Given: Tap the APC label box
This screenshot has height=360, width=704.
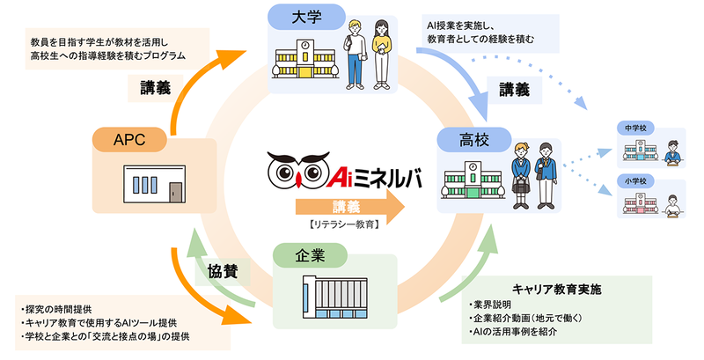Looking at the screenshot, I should coord(128,138).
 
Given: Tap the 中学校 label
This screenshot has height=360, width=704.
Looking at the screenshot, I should coord(634,127).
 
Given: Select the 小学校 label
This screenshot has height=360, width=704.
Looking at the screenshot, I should coord(634,184).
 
